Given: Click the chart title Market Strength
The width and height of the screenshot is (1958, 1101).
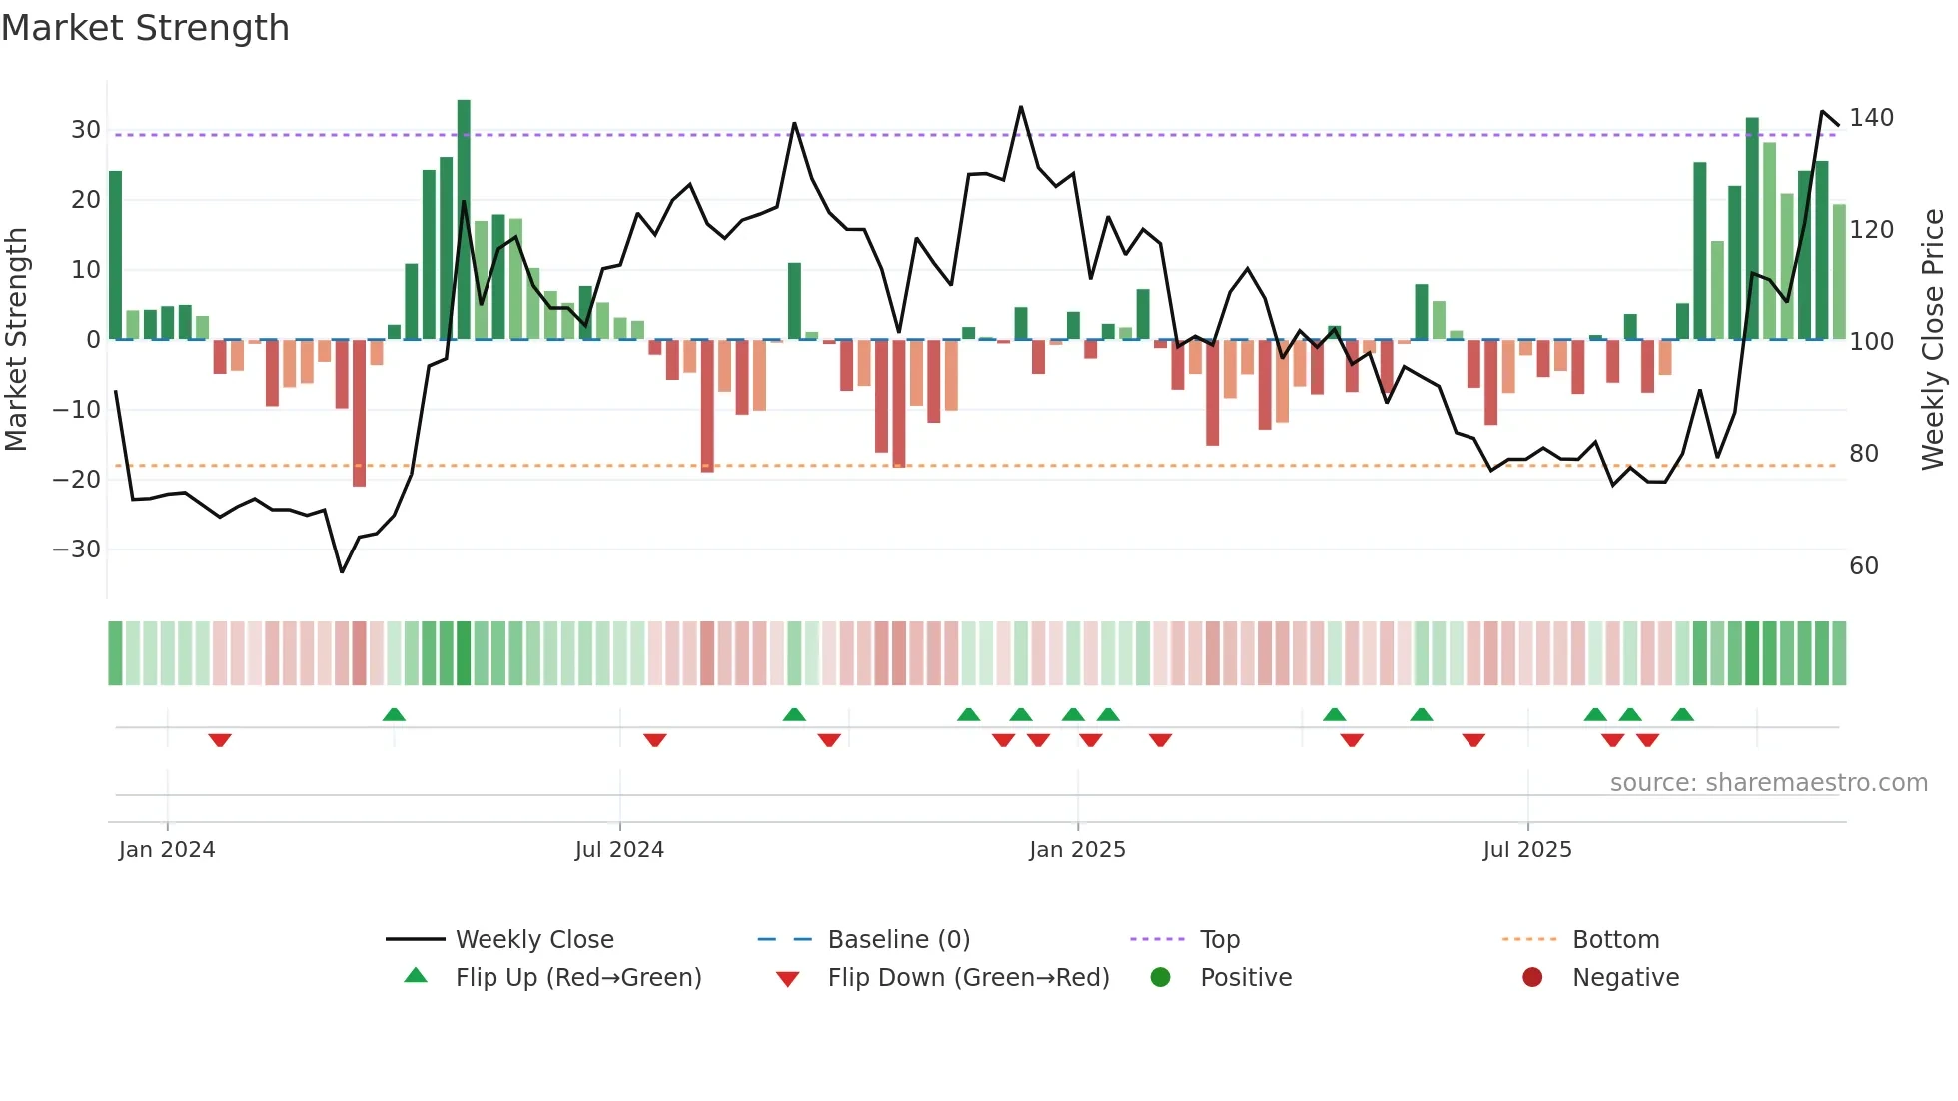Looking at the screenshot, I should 145,28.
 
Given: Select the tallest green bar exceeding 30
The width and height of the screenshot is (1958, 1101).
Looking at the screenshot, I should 464,218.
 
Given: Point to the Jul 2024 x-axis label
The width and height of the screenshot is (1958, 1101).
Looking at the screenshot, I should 619,849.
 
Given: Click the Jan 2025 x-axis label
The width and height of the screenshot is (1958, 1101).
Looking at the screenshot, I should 1077,849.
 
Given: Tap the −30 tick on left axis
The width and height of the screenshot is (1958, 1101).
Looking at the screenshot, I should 77,549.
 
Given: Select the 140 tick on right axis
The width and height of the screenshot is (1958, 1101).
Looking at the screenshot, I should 1871,118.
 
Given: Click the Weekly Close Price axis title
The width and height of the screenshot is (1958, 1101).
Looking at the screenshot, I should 1933,340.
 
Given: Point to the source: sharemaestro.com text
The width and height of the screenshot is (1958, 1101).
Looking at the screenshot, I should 1768,782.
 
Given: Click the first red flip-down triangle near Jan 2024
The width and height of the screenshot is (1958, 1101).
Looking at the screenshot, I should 220,740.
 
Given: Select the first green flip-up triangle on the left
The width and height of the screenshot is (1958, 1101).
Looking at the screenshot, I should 394,714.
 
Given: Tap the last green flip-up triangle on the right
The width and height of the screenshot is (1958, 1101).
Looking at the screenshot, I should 1682,714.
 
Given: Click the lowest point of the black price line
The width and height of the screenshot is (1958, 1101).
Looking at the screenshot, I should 342,571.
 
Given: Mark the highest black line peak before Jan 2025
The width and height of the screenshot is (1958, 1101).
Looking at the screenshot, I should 1021,107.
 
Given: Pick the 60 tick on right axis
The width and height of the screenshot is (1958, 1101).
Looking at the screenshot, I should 1864,566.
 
